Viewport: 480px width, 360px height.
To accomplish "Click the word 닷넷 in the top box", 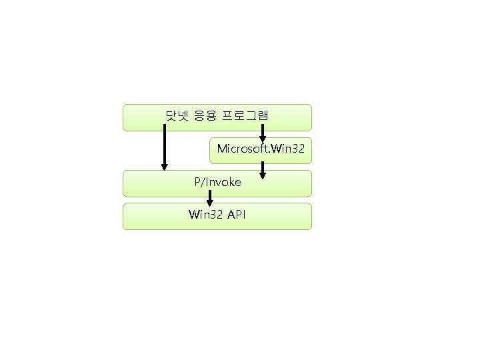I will [175, 115].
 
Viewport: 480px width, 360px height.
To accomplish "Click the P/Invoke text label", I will [217, 181].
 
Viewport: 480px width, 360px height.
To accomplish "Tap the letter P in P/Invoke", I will [197, 181].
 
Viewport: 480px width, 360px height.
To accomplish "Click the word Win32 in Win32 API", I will [205, 215].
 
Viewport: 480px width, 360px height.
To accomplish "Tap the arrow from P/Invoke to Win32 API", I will [210, 198].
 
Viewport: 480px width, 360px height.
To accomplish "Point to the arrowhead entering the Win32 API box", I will [210, 203].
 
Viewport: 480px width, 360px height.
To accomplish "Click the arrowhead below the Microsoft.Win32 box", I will [263, 176].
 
